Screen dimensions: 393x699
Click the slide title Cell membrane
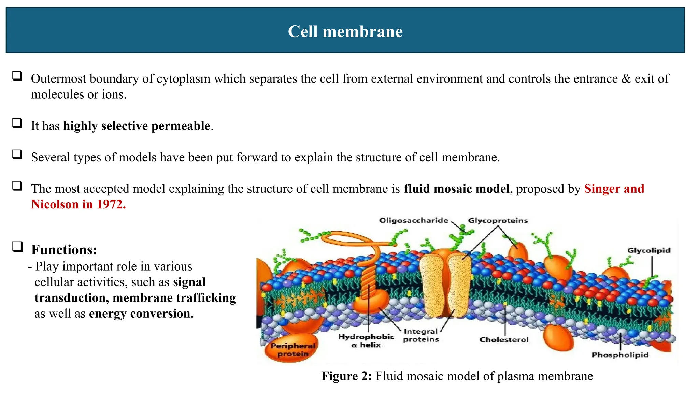pos(345,31)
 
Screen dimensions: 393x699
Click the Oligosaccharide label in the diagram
pos(413,220)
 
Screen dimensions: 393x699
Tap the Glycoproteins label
pos(498,220)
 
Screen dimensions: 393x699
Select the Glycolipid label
pos(648,250)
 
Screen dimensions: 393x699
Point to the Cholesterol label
pos(504,339)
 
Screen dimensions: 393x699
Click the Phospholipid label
pos(620,355)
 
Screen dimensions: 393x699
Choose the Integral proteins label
pos(420,335)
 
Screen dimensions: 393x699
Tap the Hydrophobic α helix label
pos(366,341)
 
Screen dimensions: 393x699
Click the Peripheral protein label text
pos(293,350)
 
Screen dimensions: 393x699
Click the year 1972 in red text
pos(111,204)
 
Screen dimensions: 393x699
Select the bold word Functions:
pos(64,250)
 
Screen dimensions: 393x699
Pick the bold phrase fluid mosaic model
pos(456,189)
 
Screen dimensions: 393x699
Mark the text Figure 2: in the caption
pos(346,376)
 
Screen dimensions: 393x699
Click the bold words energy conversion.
pos(141,314)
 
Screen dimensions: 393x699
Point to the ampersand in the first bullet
pos(626,79)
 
